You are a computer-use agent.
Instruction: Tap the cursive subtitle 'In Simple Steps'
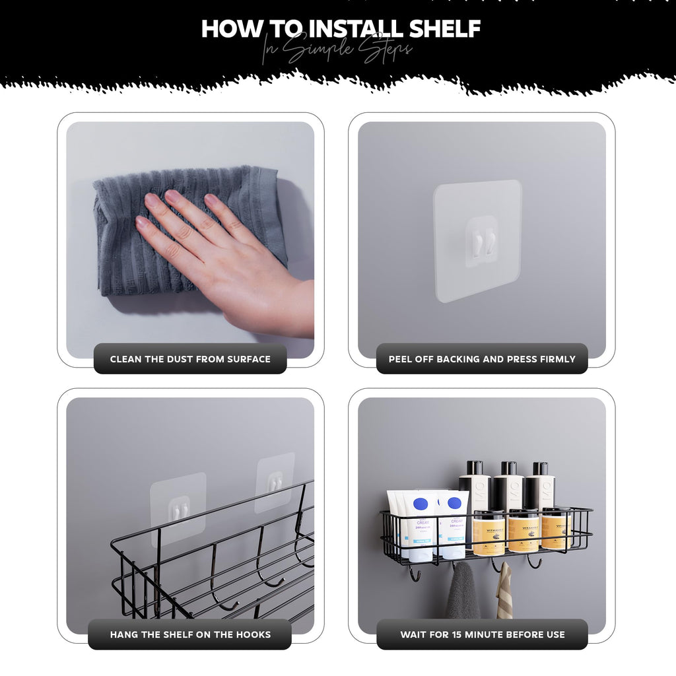337,50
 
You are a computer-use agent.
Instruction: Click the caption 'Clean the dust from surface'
190,359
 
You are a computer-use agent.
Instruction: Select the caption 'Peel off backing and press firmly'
482,359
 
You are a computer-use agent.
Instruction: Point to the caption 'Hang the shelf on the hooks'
190,634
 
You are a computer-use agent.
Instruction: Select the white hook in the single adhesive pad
481,242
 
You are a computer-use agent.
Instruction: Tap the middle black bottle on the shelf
508,489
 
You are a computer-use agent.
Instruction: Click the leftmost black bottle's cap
475,467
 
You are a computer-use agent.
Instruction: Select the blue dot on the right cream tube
455,503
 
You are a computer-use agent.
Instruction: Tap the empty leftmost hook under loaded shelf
415,574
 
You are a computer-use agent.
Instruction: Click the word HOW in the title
228,28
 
